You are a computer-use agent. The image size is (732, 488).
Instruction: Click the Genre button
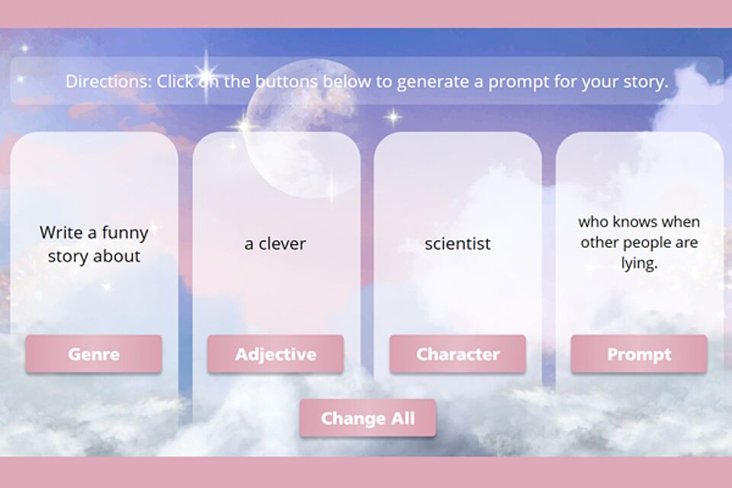pos(94,354)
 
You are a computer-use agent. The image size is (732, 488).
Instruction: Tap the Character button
pos(457,354)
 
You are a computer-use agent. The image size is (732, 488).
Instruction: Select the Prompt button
pos(639,354)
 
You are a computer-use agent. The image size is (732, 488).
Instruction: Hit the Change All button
pos(368,418)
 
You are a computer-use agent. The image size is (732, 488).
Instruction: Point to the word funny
pos(124,233)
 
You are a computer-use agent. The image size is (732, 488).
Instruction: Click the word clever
pos(282,243)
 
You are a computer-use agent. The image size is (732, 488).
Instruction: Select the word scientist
pos(457,243)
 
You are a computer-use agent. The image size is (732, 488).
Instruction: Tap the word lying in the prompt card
pos(639,263)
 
